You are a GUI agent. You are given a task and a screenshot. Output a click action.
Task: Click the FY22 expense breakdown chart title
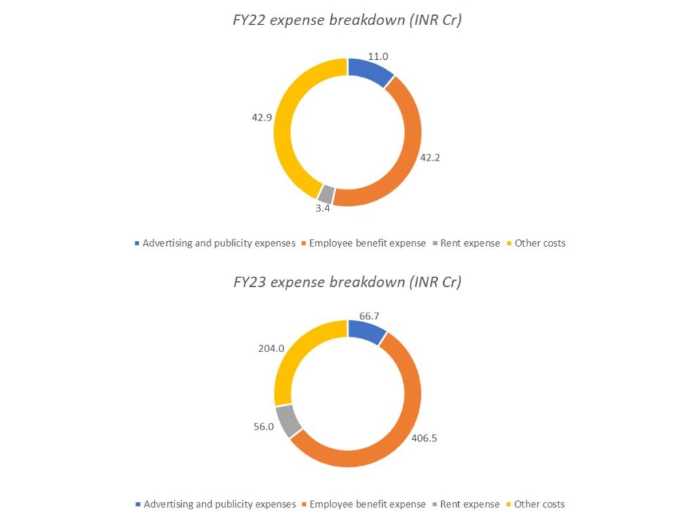coord(347,20)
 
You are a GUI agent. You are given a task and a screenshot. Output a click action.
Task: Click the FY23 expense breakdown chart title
coord(347,282)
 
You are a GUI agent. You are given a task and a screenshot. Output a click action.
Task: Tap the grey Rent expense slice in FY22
coord(326,194)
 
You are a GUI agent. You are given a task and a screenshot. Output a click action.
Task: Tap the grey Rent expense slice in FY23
coord(288,421)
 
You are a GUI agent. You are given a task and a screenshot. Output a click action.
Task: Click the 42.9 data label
coord(262,117)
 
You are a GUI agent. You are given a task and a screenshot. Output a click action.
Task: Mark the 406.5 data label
coord(424,438)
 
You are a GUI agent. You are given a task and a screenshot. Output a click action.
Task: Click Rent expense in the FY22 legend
coord(470,243)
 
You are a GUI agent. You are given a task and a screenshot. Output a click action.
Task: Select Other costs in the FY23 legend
coord(540,504)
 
